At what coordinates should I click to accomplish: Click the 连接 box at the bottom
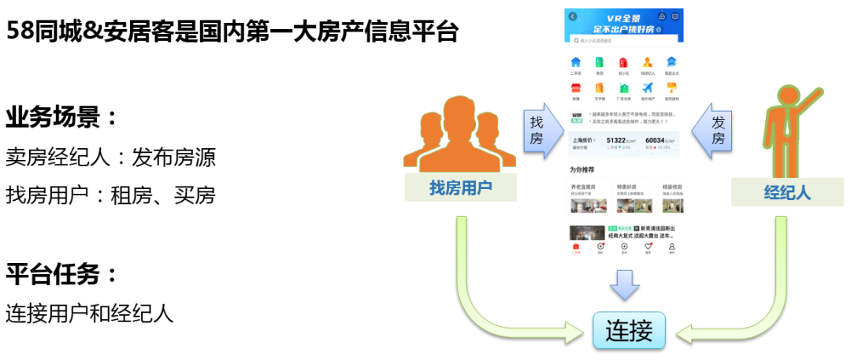[x=629, y=329]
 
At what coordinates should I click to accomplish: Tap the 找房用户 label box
[x=460, y=187]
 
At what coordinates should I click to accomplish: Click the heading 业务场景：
[x=62, y=118]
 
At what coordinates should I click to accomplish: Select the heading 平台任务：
[x=62, y=275]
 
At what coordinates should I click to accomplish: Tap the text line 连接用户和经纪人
[x=89, y=314]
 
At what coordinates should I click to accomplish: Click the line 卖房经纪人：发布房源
[x=110, y=158]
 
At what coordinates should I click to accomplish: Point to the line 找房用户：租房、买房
[x=110, y=195]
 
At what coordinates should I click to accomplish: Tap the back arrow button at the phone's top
[x=572, y=16]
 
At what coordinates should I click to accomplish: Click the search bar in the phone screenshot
[x=623, y=41]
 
